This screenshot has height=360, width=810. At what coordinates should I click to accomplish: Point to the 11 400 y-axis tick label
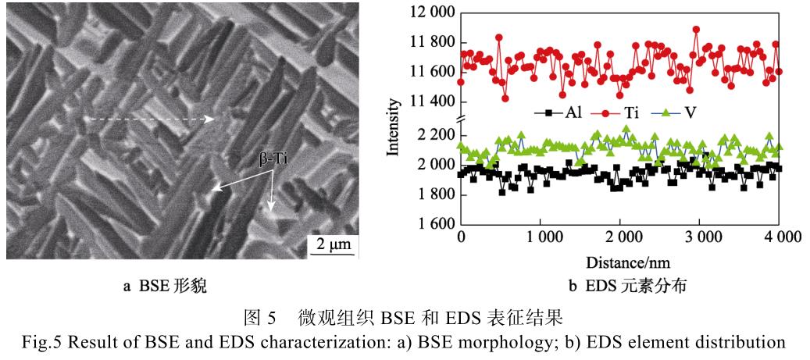click(x=430, y=102)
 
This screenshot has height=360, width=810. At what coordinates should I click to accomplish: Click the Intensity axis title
click(x=395, y=126)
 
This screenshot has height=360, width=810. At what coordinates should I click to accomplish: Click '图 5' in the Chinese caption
click(x=262, y=320)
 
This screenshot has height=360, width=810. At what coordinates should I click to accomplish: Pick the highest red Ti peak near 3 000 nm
click(x=696, y=30)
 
